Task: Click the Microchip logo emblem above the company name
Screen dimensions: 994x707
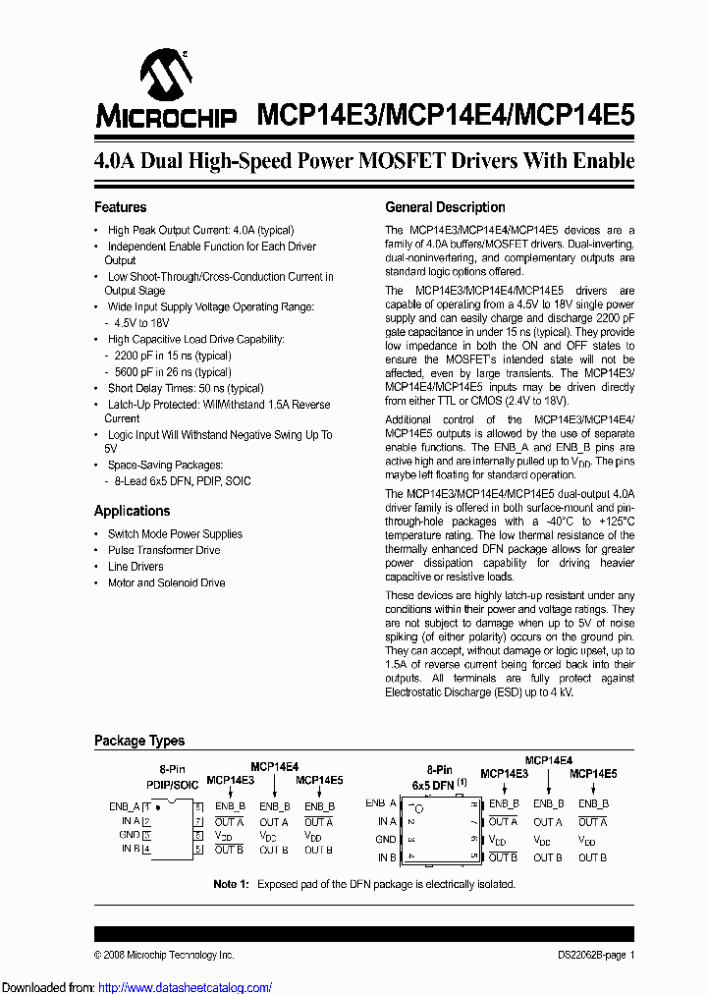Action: click(164, 75)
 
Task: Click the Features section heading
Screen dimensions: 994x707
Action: click(120, 207)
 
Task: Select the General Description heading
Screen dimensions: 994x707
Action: click(445, 207)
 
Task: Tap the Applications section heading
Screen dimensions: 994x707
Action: click(132, 511)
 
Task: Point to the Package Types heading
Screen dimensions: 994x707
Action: click(138, 741)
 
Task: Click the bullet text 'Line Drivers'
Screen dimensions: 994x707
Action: click(136, 567)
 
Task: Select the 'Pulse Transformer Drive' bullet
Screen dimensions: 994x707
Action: click(163, 550)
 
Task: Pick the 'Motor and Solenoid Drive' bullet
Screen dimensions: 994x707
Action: click(166, 583)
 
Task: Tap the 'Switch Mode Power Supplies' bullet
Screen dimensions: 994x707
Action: click(174, 534)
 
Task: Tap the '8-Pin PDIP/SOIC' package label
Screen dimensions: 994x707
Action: click(172, 776)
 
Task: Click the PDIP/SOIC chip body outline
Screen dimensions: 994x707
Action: click(172, 828)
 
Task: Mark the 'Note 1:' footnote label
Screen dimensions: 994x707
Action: click(232, 884)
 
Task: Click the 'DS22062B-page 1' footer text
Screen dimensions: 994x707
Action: click(589, 955)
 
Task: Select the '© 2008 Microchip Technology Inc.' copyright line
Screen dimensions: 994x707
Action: click(164, 955)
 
